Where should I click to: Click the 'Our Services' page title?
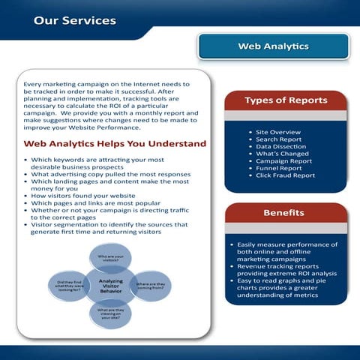(74, 20)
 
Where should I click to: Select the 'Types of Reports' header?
(286, 100)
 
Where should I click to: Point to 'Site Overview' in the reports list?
(280, 131)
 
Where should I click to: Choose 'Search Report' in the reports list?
(279, 139)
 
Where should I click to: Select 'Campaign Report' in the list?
(283, 160)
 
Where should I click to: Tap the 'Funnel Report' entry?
(280, 168)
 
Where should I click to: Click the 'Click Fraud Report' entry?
(285, 175)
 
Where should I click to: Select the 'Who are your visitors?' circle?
(111, 259)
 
